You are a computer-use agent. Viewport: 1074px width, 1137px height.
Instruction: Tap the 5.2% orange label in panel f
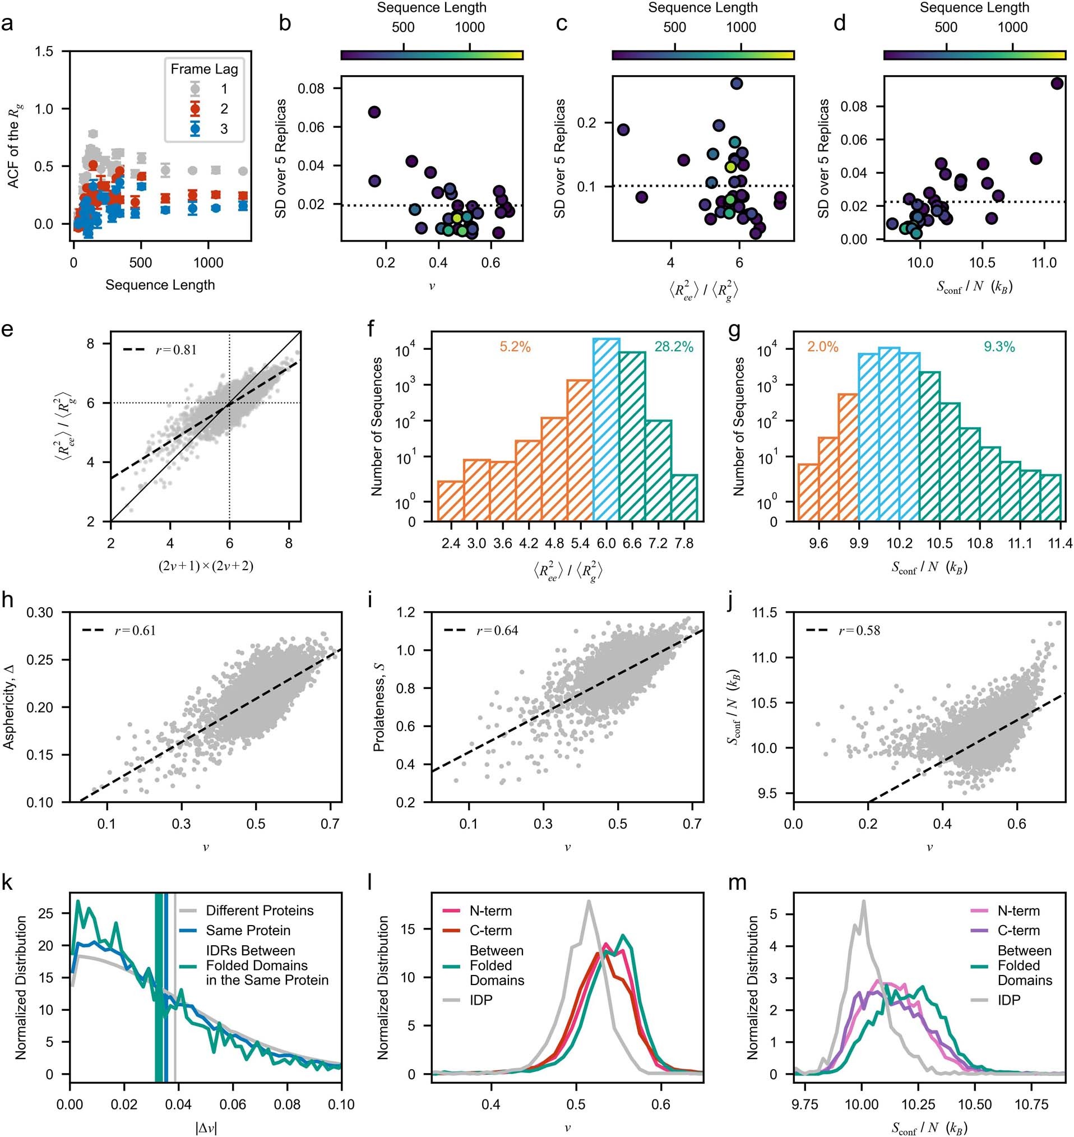pyautogui.click(x=515, y=347)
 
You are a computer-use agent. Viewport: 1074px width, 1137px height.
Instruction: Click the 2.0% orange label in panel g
pyautogui.click(x=823, y=347)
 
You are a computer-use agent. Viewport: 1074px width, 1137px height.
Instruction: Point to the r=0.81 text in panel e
pyautogui.click(x=177, y=350)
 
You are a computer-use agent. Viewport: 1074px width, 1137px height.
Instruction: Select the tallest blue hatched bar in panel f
pyautogui.click(x=606, y=429)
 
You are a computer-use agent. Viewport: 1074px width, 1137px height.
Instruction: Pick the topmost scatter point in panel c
pyautogui.click(x=736, y=84)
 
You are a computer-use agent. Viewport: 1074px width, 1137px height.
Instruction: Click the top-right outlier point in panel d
pyautogui.click(x=1057, y=84)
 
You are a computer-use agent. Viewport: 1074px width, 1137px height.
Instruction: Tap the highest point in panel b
pyautogui.click(x=374, y=112)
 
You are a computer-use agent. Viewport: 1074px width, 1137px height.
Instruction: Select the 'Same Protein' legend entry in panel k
pyautogui.click(x=248, y=930)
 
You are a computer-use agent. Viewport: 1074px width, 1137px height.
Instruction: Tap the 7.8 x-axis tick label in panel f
pyautogui.click(x=684, y=543)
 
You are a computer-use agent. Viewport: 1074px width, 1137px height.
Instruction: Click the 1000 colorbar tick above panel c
pyautogui.click(x=741, y=27)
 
